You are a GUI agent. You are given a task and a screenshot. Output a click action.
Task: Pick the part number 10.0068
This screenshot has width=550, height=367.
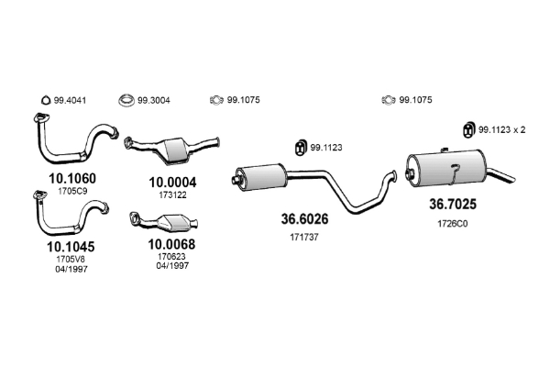tap(170, 244)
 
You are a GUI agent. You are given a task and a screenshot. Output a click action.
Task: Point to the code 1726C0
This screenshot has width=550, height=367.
tap(455, 224)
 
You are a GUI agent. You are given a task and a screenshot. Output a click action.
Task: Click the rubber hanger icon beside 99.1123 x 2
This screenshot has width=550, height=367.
tap(465, 130)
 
